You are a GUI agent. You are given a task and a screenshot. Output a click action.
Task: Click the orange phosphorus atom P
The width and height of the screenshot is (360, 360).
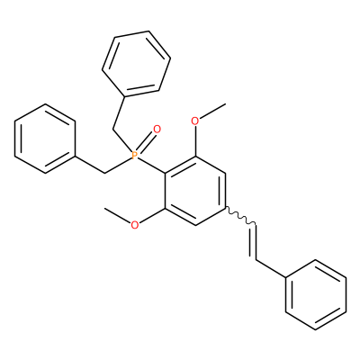(135, 155)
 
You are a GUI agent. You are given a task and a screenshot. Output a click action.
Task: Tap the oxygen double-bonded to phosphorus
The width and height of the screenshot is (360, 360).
(157, 130)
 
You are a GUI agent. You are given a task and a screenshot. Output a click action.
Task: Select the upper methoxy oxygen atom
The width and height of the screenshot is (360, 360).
(195, 121)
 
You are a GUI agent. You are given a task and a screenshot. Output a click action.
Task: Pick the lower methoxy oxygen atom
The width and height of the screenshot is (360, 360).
(135, 225)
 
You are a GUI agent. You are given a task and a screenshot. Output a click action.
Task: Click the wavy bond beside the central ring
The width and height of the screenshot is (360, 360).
(240, 216)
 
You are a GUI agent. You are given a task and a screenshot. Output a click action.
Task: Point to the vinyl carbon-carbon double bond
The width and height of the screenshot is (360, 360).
(254, 242)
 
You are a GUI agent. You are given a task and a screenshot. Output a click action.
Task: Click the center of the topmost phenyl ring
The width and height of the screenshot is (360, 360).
(137, 64)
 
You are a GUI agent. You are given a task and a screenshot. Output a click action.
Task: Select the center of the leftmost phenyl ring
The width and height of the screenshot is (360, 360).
(45, 139)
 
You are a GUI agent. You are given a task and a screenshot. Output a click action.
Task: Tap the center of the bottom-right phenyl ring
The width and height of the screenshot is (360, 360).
(316, 295)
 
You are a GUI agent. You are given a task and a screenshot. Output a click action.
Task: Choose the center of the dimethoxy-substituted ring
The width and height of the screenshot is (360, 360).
(195, 191)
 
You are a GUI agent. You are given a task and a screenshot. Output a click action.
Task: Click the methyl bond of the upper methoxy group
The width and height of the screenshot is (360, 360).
(212, 111)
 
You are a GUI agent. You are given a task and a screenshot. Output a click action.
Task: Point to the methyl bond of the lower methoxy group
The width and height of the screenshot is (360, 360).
(117, 215)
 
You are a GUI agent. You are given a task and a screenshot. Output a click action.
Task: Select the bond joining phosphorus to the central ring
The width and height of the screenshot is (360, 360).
(151, 165)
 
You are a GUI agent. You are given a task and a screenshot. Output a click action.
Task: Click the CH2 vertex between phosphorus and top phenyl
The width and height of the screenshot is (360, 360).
(112, 130)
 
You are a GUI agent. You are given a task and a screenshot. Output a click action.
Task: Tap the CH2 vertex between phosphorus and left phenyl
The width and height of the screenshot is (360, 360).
(104, 173)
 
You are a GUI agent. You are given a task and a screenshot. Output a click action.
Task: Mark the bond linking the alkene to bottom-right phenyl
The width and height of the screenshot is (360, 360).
(271, 269)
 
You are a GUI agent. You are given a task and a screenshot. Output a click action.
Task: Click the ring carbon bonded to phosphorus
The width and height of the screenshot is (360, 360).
(165, 173)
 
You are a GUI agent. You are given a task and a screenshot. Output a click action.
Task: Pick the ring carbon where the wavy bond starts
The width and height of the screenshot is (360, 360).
(226, 208)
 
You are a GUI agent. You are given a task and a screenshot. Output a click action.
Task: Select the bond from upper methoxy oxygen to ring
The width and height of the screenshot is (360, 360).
(195, 141)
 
